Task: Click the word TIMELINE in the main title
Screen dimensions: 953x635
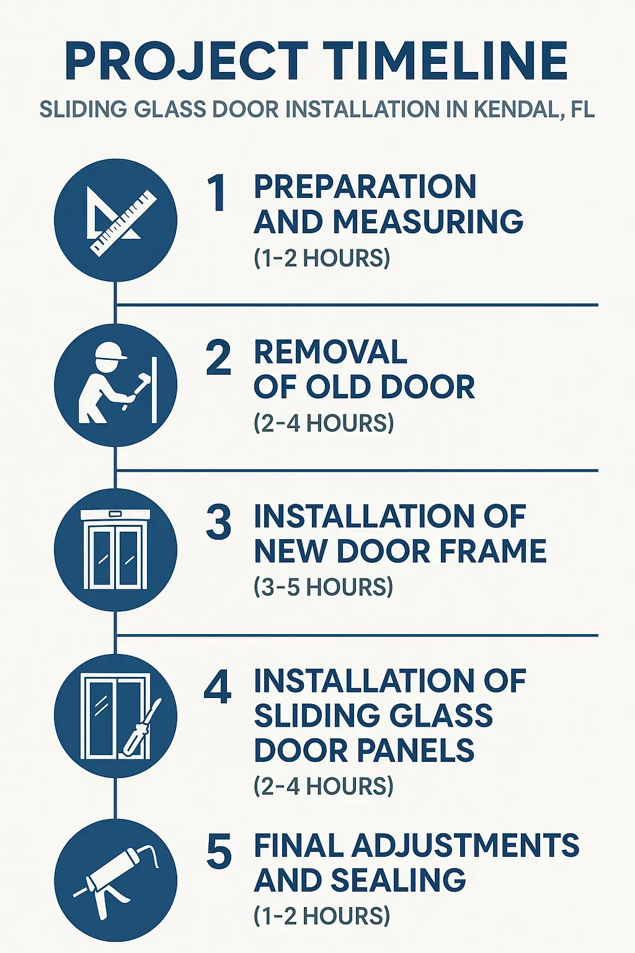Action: click(445, 61)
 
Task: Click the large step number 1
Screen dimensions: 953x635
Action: click(217, 193)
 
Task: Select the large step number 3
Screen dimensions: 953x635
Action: click(218, 522)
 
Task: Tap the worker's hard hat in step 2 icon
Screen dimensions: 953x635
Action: click(110, 351)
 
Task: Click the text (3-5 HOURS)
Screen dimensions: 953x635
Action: click(323, 587)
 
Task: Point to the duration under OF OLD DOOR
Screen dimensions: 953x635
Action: click(323, 423)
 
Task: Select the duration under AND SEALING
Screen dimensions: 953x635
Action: click(322, 916)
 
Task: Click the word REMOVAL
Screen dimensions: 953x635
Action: click(330, 352)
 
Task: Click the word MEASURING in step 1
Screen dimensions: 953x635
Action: click(428, 222)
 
